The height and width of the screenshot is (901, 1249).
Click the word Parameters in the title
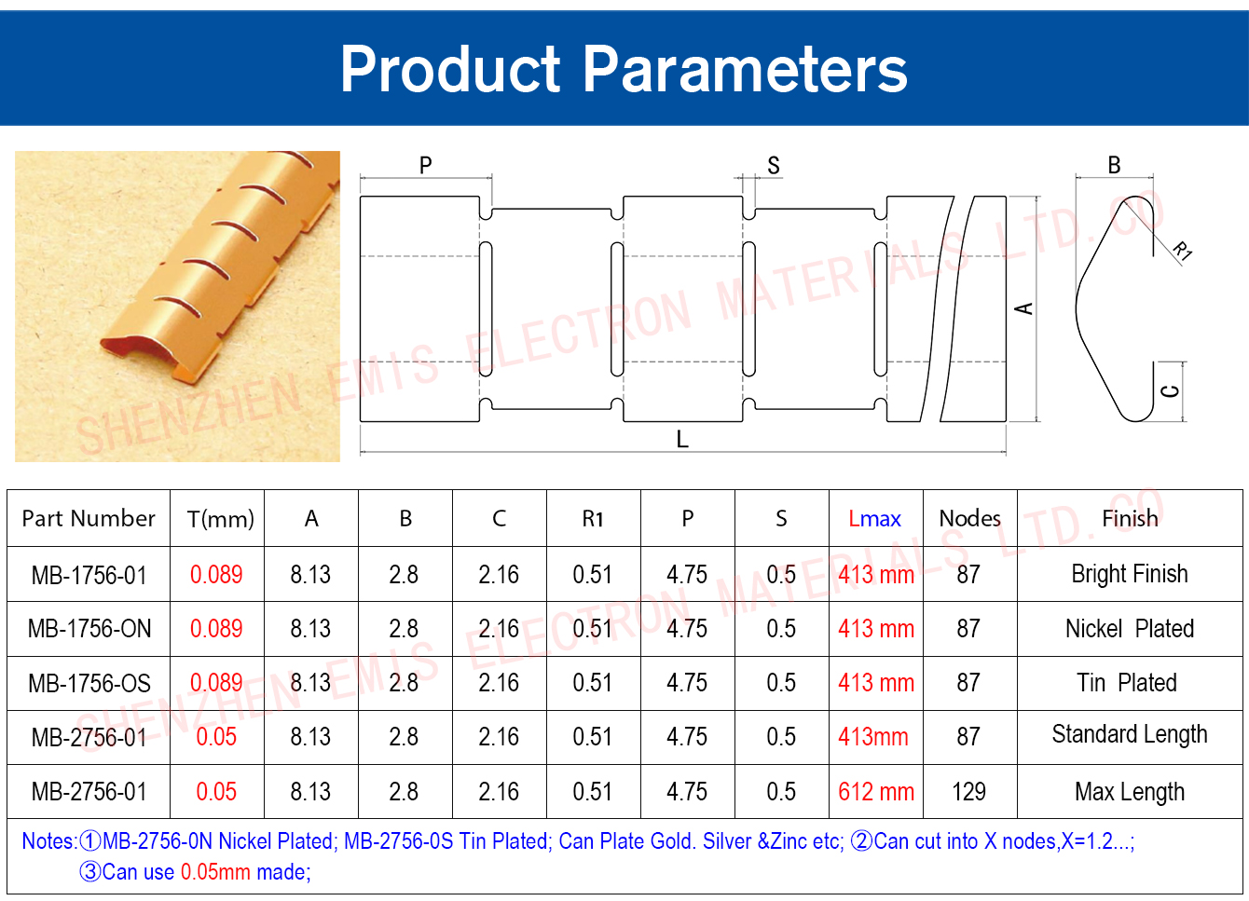[745, 69]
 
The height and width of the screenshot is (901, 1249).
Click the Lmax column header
[874, 519]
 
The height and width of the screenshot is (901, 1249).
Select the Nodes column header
[969, 519]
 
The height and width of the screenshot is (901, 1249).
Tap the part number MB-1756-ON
[89, 628]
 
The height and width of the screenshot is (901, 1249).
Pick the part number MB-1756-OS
[89, 683]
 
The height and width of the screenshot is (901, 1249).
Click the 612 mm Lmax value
[876, 791]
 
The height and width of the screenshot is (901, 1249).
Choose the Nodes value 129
[969, 791]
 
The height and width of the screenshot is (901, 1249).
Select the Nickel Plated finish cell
[1130, 628]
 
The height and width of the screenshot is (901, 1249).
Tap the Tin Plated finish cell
[1127, 682]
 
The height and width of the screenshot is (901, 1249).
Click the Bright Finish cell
[1130, 574]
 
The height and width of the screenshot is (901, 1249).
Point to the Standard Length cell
[1130, 735]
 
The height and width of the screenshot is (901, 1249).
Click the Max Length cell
[1130, 792]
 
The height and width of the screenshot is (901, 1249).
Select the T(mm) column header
[220, 519]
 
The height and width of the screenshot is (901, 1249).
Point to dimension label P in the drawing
[425, 165]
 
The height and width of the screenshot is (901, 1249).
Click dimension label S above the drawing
[774, 165]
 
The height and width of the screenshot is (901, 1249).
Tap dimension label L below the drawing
[682, 440]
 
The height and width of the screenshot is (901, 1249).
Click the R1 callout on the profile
[1182, 251]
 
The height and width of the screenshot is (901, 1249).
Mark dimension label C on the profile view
[1171, 391]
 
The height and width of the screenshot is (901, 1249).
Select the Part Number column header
[89, 519]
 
